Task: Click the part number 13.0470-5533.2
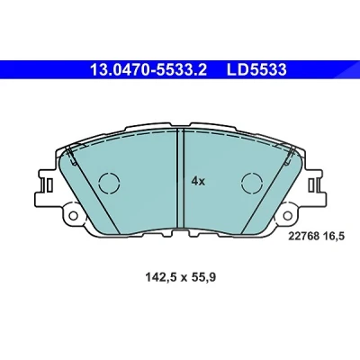pyautogui.click(x=148, y=70)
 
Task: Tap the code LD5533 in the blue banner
pyautogui.click(x=256, y=70)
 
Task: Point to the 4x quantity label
pyautogui.click(x=198, y=181)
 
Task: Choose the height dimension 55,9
pyautogui.click(x=203, y=278)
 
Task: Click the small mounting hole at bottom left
pyautogui.click(x=73, y=215)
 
